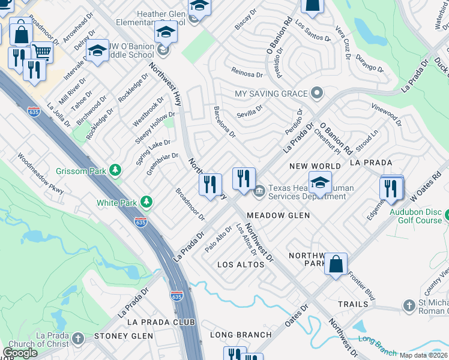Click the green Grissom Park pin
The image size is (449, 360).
click(x=115, y=171)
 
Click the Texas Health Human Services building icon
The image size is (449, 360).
click(x=259, y=192)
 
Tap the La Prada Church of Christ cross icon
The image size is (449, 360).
click(x=77, y=339)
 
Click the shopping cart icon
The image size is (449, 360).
click(x=41, y=53)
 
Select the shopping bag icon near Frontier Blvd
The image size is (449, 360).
click(x=336, y=263)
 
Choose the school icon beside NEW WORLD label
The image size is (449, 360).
click(x=320, y=182)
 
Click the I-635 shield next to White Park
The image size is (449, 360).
click(x=141, y=221)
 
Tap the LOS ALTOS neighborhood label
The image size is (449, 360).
click(x=241, y=265)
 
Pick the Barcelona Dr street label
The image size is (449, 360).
click(x=225, y=122)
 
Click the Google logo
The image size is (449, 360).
click(x=20, y=353)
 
